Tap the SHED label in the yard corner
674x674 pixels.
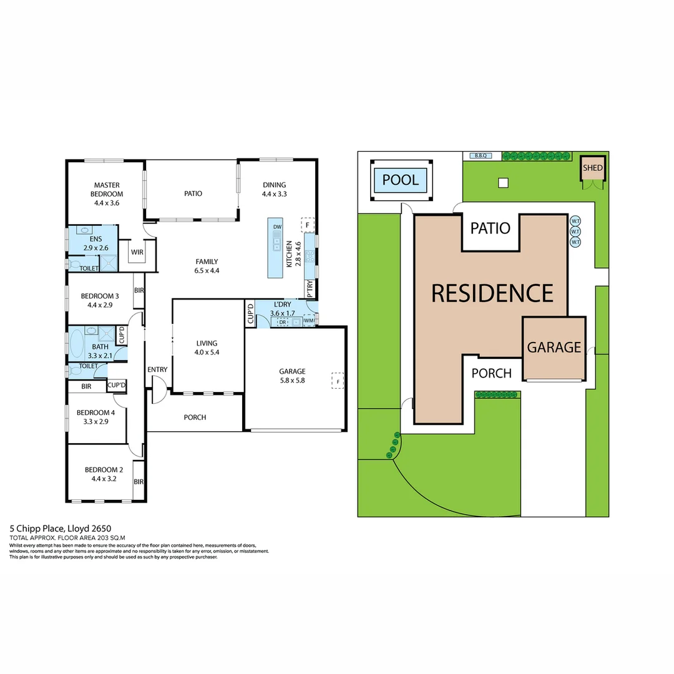tap(593, 168)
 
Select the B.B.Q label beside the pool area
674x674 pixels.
tap(480, 155)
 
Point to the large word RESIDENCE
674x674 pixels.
tap(492, 293)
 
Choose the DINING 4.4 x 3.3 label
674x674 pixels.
tap(274, 189)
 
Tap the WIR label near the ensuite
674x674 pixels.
tap(137, 253)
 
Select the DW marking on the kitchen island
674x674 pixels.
tap(278, 226)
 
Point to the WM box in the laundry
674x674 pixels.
tap(308, 321)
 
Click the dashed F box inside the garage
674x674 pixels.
tap(338, 381)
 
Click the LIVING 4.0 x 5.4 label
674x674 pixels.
tap(207, 348)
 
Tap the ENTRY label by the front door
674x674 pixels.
tap(157, 369)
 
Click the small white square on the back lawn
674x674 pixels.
tap(503, 183)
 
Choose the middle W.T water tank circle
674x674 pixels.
tap(575, 231)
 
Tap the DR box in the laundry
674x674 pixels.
tap(283, 322)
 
